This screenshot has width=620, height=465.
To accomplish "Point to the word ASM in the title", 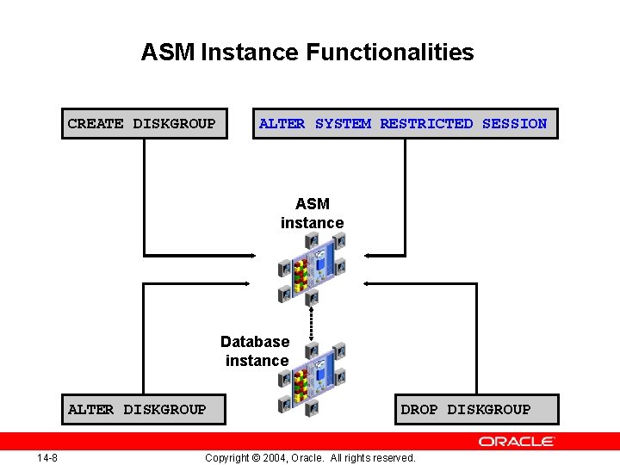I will coord(168,53).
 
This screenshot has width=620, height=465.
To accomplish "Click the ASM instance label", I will coord(312,214).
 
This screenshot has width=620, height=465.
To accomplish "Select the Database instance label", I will coord(256,351).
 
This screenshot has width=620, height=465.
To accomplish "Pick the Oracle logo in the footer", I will coord(517,442).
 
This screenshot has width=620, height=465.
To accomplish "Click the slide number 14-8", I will coord(47,457).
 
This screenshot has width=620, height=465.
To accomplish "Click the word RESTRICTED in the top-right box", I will coord(426,123).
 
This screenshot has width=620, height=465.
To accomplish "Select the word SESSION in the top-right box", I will coord(514,123).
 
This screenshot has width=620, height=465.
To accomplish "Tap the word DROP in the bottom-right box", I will coord(419,409).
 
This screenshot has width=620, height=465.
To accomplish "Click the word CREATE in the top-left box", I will coord(96,123).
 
